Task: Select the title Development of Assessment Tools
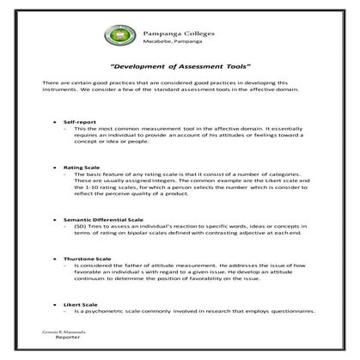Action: [x=180, y=65]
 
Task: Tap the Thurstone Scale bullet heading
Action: [x=88, y=259]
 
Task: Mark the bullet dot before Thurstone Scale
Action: [x=56, y=259]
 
